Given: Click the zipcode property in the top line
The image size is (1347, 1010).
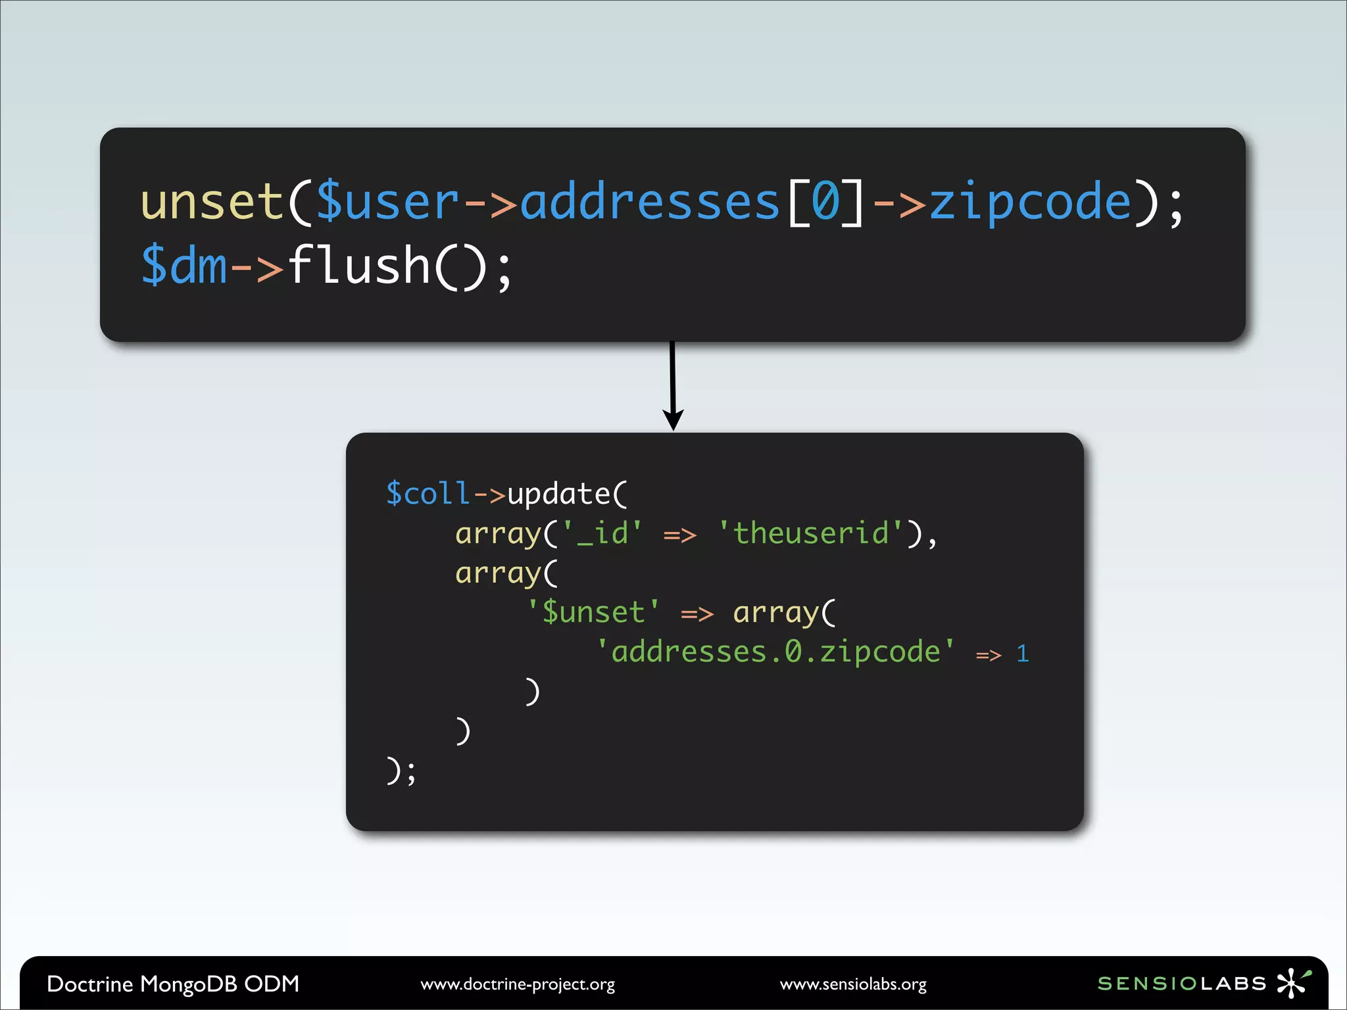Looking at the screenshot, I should [x=1030, y=203].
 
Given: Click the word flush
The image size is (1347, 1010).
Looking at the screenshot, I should [x=359, y=265].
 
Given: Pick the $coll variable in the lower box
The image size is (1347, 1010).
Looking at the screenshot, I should [x=428, y=494].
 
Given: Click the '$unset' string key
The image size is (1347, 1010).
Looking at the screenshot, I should [x=593, y=612].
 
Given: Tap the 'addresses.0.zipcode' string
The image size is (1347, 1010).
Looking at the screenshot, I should [x=775, y=652].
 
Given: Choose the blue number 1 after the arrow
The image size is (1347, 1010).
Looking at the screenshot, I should [x=1022, y=654].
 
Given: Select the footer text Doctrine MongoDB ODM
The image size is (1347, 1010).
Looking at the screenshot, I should [x=173, y=984].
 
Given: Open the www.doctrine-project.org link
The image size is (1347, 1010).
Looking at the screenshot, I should [x=518, y=984].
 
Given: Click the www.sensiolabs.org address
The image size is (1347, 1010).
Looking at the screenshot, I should [x=853, y=984].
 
